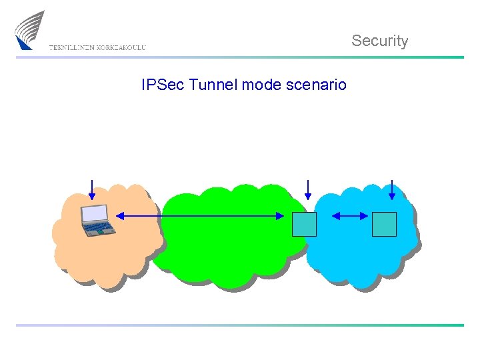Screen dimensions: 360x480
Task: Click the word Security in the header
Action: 379,41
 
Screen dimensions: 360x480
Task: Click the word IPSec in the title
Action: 163,85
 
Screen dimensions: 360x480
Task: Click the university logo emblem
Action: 30,30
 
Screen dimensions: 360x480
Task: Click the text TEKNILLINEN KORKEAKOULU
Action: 97,47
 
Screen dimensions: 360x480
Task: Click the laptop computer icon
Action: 97,220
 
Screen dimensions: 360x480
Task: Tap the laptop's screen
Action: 95,213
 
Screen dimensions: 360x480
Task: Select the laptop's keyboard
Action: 100,228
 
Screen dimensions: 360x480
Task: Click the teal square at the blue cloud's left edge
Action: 304,224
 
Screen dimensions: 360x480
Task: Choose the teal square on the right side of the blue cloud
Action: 384,224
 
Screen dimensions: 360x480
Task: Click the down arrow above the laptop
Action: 92,189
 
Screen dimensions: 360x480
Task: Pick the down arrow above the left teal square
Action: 307,189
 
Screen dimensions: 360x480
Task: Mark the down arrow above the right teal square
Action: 392,189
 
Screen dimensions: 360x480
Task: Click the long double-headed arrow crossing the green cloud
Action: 200,215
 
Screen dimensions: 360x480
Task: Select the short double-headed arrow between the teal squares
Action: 349,215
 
